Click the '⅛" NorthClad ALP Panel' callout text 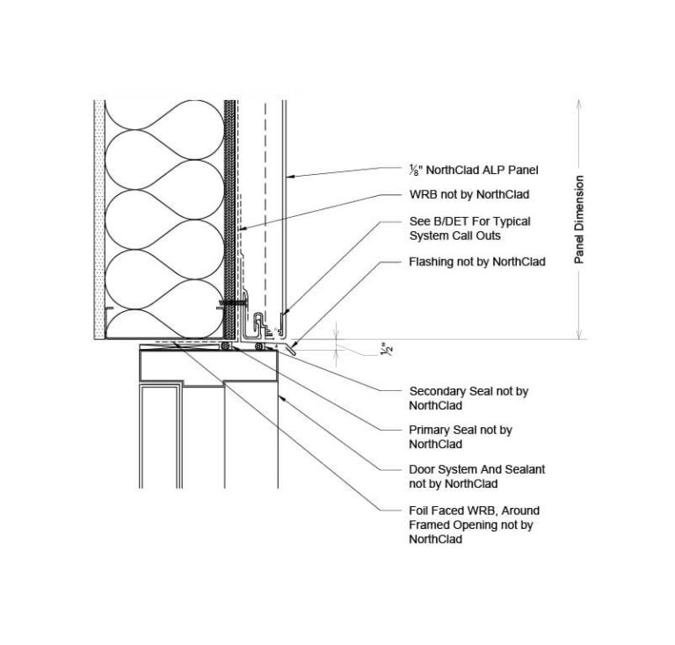(474, 170)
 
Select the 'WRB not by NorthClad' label (469, 194)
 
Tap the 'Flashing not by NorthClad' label (477, 262)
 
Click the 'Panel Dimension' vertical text (579, 220)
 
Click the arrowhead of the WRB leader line (243, 228)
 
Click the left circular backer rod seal (226, 346)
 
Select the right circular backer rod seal (258, 346)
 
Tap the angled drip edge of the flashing (290, 350)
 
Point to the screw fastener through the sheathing (232, 303)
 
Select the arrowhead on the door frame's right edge (282, 398)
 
